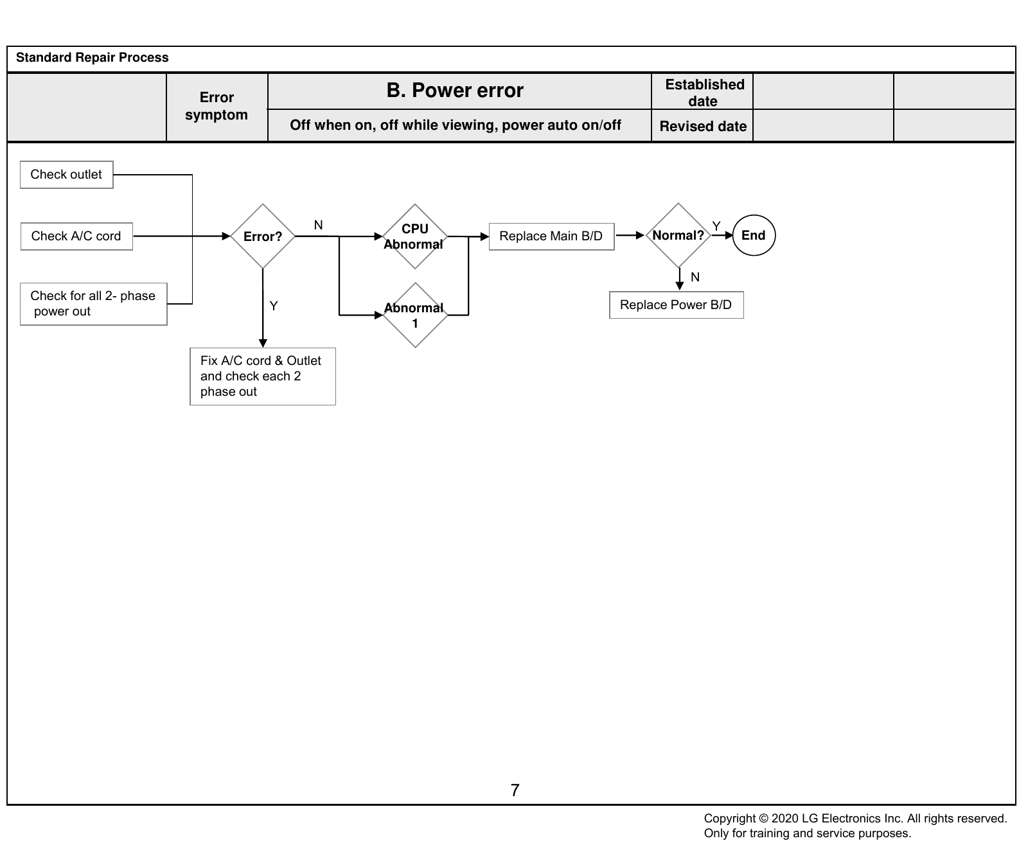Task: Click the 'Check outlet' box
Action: click(x=66, y=175)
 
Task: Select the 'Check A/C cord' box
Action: click(x=76, y=236)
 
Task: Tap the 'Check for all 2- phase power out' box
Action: click(x=94, y=304)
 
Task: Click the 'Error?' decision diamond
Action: click(x=263, y=236)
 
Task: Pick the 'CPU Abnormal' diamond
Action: click(x=415, y=236)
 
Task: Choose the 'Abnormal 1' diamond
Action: click(x=415, y=315)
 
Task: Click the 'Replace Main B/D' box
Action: click(x=551, y=236)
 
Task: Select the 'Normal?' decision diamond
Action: click(x=678, y=235)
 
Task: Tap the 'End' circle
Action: click(x=754, y=235)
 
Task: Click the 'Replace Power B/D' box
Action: click(x=677, y=305)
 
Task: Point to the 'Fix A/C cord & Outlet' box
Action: click(x=263, y=377)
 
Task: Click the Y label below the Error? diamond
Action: click(x=274, y=306)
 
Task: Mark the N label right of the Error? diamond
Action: click(x=318, y=225)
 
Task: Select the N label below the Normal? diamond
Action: click(x=695, y=277)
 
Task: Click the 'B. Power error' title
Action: click(x=455, y=91)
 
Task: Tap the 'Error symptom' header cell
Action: click(x=217, y=107)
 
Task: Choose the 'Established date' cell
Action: click(x=703, y=92)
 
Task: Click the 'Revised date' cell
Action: click(x=703, y=126)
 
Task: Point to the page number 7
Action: click(x=515, y=790)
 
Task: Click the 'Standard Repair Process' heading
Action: click(x=93, y=58)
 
